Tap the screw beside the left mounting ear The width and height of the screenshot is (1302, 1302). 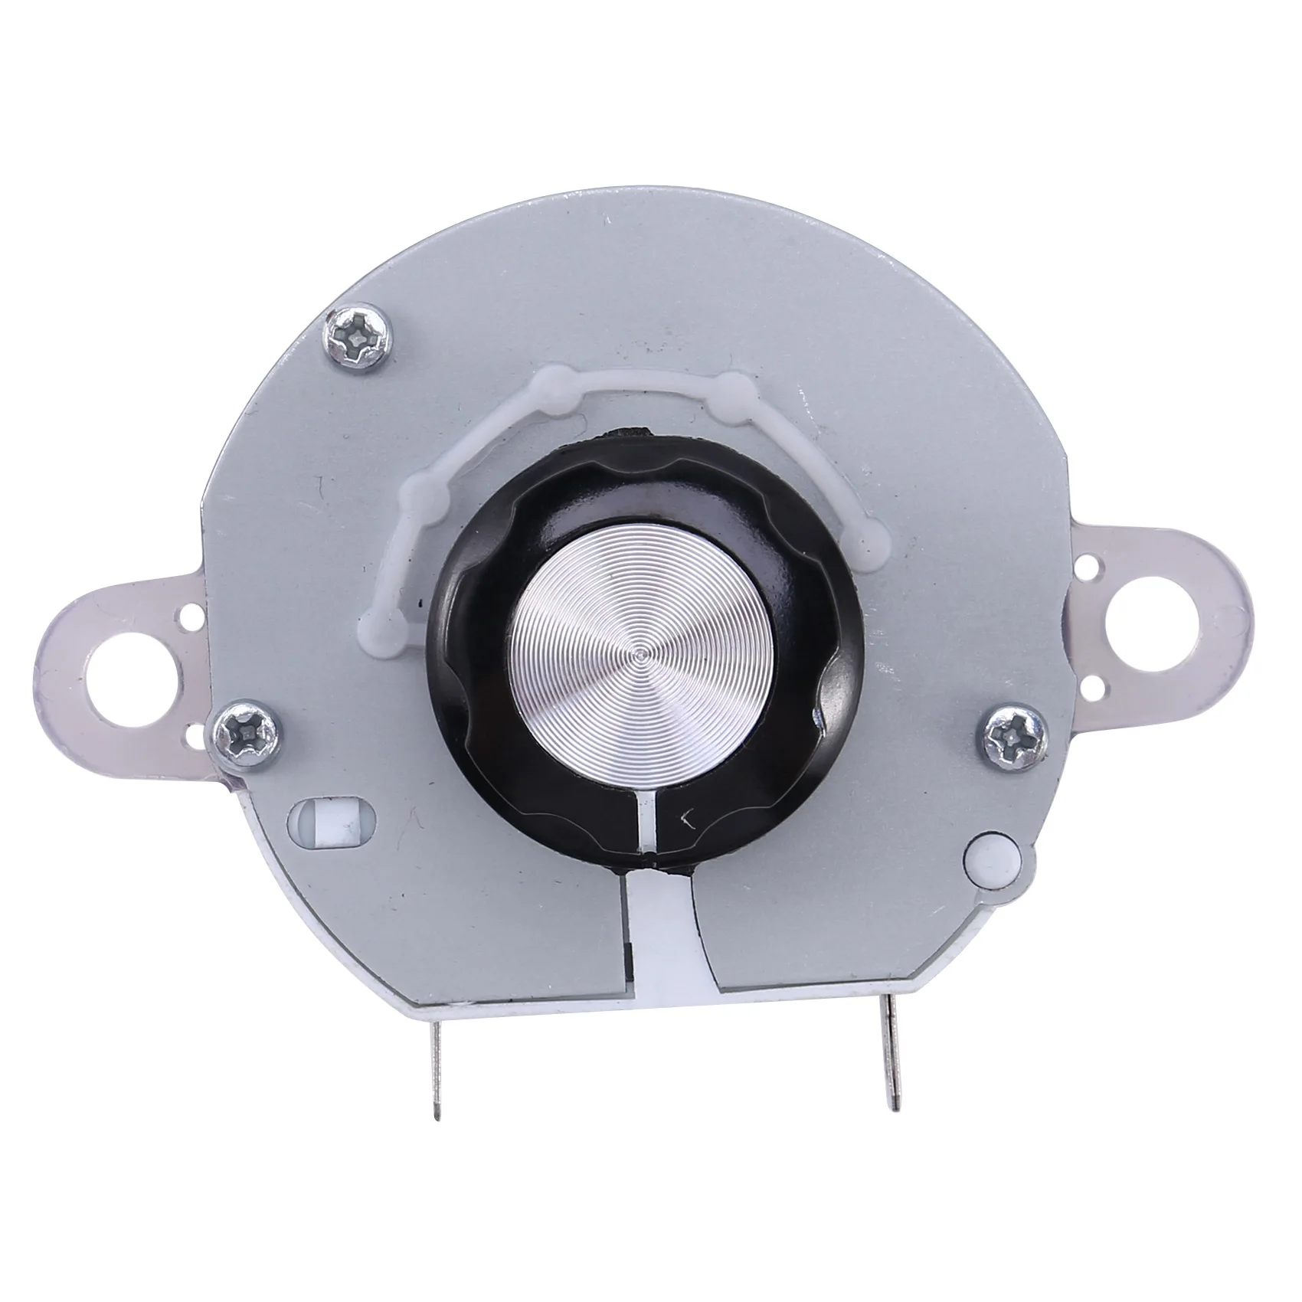click(240, 735)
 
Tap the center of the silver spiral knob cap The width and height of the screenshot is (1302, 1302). click(640, 656)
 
